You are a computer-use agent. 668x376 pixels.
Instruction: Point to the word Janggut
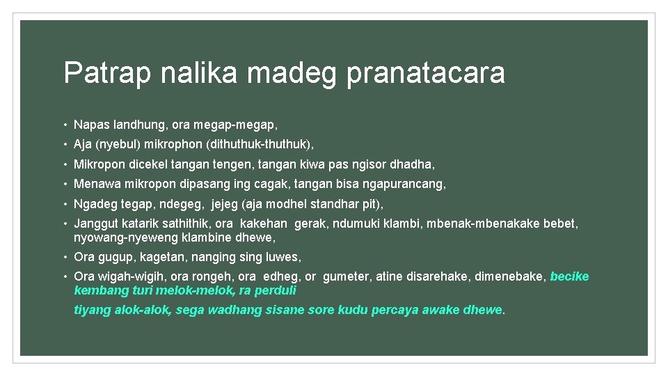click(x=95, y=224)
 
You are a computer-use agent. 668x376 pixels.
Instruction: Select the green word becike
click(x=569, y=276)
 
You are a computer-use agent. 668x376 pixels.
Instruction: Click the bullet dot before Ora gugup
click(x=65, y=257)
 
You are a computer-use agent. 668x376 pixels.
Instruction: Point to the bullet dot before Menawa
click(x=65, y=184)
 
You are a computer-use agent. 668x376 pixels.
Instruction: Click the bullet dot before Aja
click(x=65, y=145)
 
